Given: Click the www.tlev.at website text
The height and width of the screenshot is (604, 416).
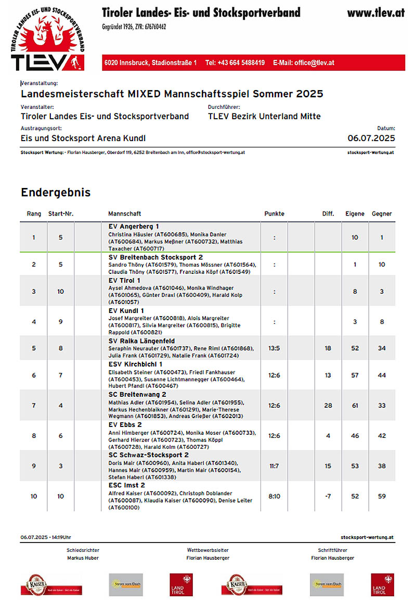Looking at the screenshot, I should (375, 12).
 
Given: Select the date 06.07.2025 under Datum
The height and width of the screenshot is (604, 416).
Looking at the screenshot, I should (371, 138).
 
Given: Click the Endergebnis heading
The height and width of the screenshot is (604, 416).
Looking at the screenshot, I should (56, 192).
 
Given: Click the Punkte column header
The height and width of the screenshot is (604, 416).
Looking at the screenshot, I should (274, 213).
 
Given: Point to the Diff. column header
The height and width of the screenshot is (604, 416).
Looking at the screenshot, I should (328, 213).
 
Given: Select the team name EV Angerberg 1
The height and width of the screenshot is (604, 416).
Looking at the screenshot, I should (134, 227).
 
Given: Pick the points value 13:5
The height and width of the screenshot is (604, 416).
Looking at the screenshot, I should (274, 348).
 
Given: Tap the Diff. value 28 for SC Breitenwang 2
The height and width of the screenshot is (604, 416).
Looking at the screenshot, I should (328, 406).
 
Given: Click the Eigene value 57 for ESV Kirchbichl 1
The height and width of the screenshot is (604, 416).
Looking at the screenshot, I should (355, 375).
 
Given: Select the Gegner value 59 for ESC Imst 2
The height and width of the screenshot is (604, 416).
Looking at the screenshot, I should (382, 496).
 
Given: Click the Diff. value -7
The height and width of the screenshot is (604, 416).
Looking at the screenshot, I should (328, 496).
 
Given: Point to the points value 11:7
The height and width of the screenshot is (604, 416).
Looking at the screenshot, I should (274, 466).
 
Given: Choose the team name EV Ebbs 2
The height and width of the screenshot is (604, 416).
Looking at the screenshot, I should (123, 425).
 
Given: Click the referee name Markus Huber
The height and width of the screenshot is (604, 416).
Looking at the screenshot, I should (83, 558).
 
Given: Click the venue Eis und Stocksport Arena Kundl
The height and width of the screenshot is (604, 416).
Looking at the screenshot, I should (83, 138).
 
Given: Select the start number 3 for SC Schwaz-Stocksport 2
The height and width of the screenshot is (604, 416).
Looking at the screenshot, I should (60, 466).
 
